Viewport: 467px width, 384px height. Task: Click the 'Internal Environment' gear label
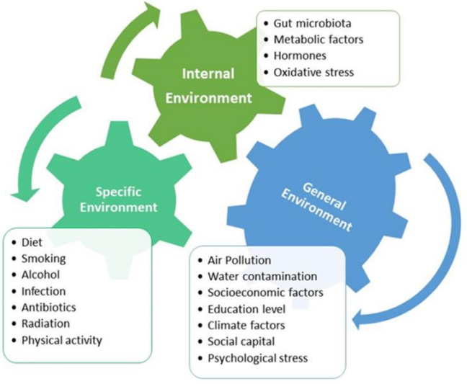[x=209, y=84]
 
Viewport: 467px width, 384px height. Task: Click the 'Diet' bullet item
[x=32, y=243]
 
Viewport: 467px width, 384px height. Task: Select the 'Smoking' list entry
[x=43, y=259]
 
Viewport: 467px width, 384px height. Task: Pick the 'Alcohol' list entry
[x=40, y=274]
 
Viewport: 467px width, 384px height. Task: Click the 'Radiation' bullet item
[x=44, y=323]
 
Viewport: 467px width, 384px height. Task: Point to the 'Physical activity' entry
[x=62, y=340]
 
